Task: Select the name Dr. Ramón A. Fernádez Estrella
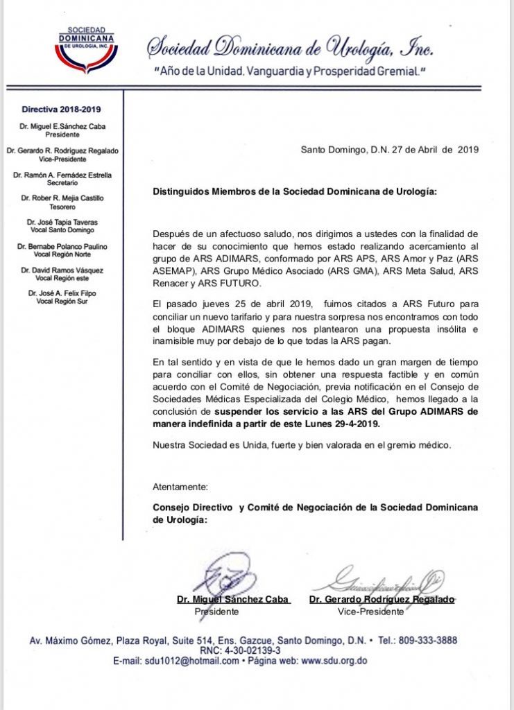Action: [62, 175]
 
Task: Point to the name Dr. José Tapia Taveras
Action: [62, 223]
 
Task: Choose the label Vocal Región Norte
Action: [62, 254]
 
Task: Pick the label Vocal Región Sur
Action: [62, 302]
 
